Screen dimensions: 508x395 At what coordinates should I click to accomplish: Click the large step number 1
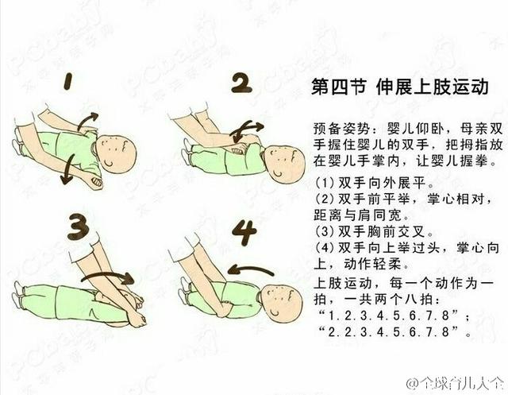coord(67,81)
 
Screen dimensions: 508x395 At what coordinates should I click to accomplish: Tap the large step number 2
coord(242,83)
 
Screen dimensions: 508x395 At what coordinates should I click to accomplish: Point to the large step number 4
coord(244,232)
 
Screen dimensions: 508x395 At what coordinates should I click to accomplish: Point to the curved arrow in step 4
coord(250,269)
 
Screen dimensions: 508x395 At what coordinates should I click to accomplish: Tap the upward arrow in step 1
coord(87,121)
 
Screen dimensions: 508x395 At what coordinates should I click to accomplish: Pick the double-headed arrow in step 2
coord(246,130)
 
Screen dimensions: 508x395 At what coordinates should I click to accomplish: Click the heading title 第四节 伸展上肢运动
coord(400,87)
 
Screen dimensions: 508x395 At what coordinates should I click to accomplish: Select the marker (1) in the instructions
coord(325,183)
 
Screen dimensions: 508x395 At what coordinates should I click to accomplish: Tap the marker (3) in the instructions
coord(325,231)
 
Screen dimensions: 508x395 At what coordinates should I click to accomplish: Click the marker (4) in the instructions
coord(325,248)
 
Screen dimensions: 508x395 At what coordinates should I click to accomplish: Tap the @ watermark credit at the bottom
coord(455,382)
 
